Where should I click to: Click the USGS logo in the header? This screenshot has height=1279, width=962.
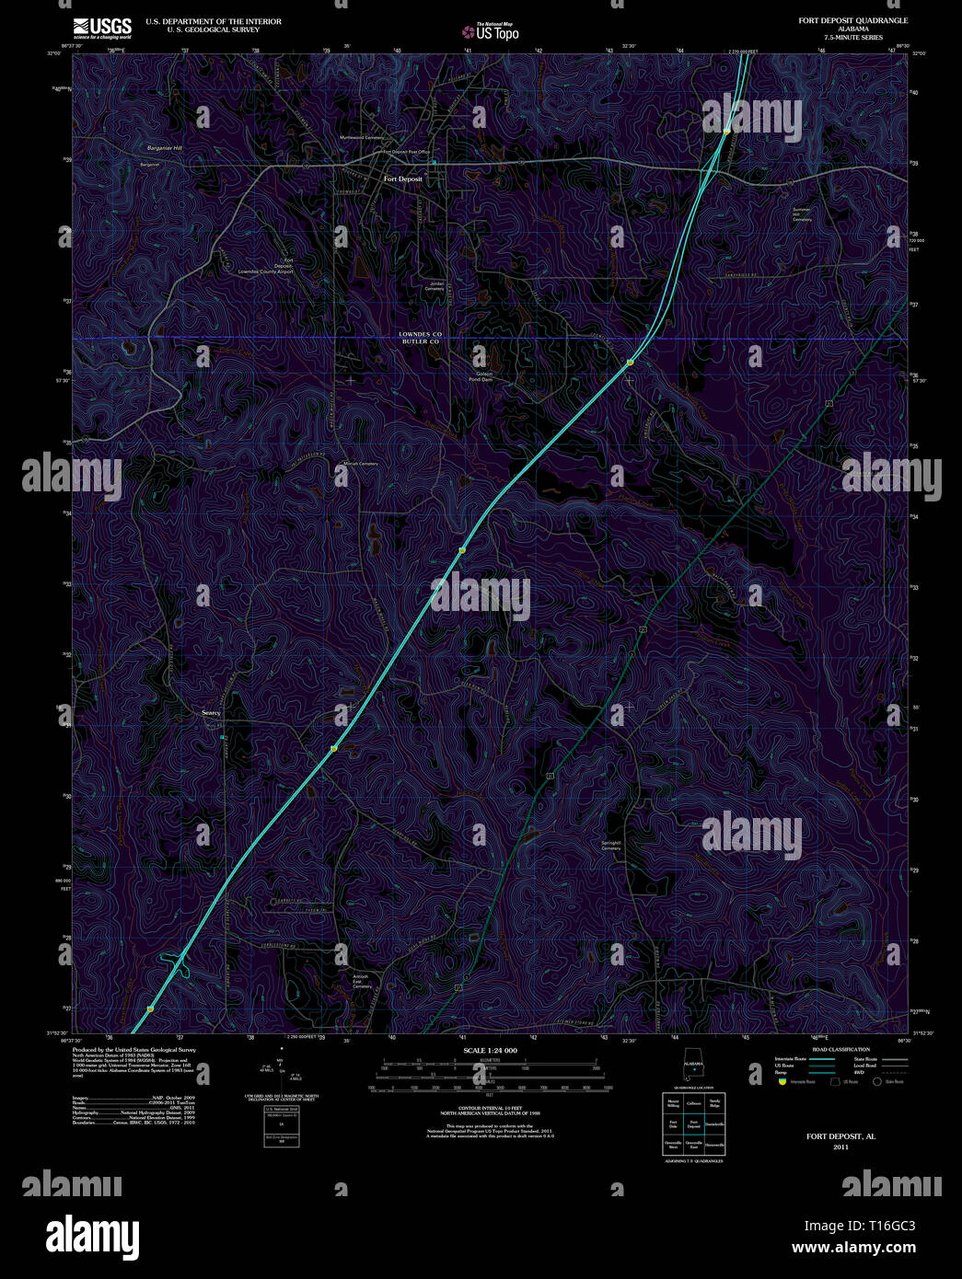(102, 27)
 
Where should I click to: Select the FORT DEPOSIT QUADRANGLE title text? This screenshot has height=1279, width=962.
(852, 20)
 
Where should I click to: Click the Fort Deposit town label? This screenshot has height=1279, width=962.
(403, 179)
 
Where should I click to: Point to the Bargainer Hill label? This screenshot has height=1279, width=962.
(165, 148)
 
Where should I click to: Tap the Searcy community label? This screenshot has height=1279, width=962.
(212, 712)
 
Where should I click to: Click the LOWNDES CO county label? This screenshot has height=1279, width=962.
(421, 333)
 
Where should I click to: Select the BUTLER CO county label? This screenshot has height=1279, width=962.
(421, 341)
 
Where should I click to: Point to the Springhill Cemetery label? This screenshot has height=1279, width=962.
(611, 845)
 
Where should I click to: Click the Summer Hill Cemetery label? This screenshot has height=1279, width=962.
(802, 214)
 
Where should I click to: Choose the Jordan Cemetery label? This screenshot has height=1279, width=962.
(435, 286)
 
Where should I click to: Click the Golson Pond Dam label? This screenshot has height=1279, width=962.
(481, 376)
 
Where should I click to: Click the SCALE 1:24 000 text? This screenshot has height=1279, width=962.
(490, 1051)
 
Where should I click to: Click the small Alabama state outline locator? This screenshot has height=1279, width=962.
(692, 1068)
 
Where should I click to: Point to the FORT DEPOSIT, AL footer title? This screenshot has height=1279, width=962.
(840, 1137)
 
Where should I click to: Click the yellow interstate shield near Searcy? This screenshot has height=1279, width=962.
(334, 749)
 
